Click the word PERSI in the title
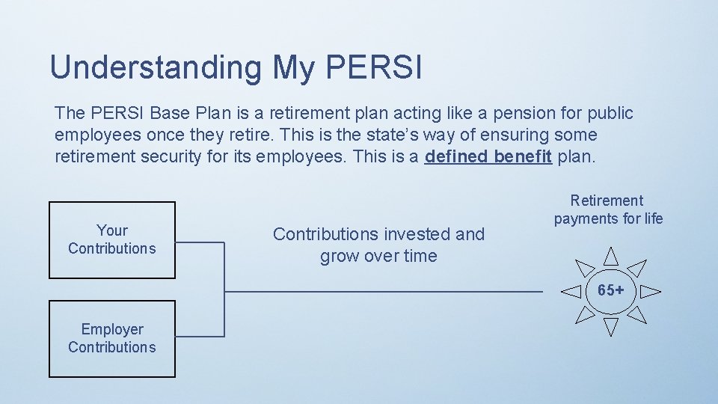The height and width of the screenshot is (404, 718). (374, 67)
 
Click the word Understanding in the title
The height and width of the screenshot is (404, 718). (156, 67)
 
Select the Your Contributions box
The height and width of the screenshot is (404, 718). (112, 239)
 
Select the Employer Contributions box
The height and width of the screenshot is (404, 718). (112, 338)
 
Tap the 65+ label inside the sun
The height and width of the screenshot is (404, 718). (611, 290)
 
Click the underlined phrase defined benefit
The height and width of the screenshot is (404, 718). (488, 157)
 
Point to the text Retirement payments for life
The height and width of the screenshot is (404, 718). (607, 209)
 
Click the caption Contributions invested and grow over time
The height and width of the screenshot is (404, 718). (378, 245)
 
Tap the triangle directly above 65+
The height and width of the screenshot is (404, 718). (611, 257)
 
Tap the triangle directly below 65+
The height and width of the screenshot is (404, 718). (611, 325)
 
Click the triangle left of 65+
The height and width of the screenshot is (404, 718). (572, 290)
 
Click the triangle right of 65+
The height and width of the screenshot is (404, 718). (650, 290)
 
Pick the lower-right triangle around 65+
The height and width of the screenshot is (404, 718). (636, 314)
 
